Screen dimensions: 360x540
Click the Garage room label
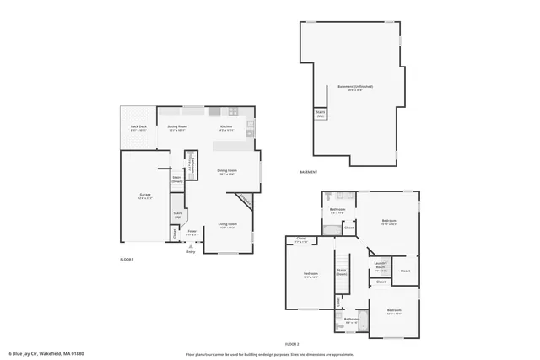pos(145,196)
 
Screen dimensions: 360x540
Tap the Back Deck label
pos(138,128)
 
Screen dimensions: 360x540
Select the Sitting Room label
pos(177,128)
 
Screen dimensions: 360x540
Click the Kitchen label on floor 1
pos(226,128)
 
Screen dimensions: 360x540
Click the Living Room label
pos(228,225)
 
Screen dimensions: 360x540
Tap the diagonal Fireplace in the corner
pos(244,200)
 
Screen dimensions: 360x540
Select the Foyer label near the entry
pos(192,232)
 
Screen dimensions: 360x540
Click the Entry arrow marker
pos(190,248)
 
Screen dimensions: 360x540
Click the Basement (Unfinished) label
pos(355,87)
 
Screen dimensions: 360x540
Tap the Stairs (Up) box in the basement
pos(321,114)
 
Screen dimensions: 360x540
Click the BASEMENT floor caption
pos(309,172)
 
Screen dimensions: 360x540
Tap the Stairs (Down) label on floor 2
pos(342,273)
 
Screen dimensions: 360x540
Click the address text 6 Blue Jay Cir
pos(46,353)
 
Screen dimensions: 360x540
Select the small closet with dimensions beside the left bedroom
pos(301,240)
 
